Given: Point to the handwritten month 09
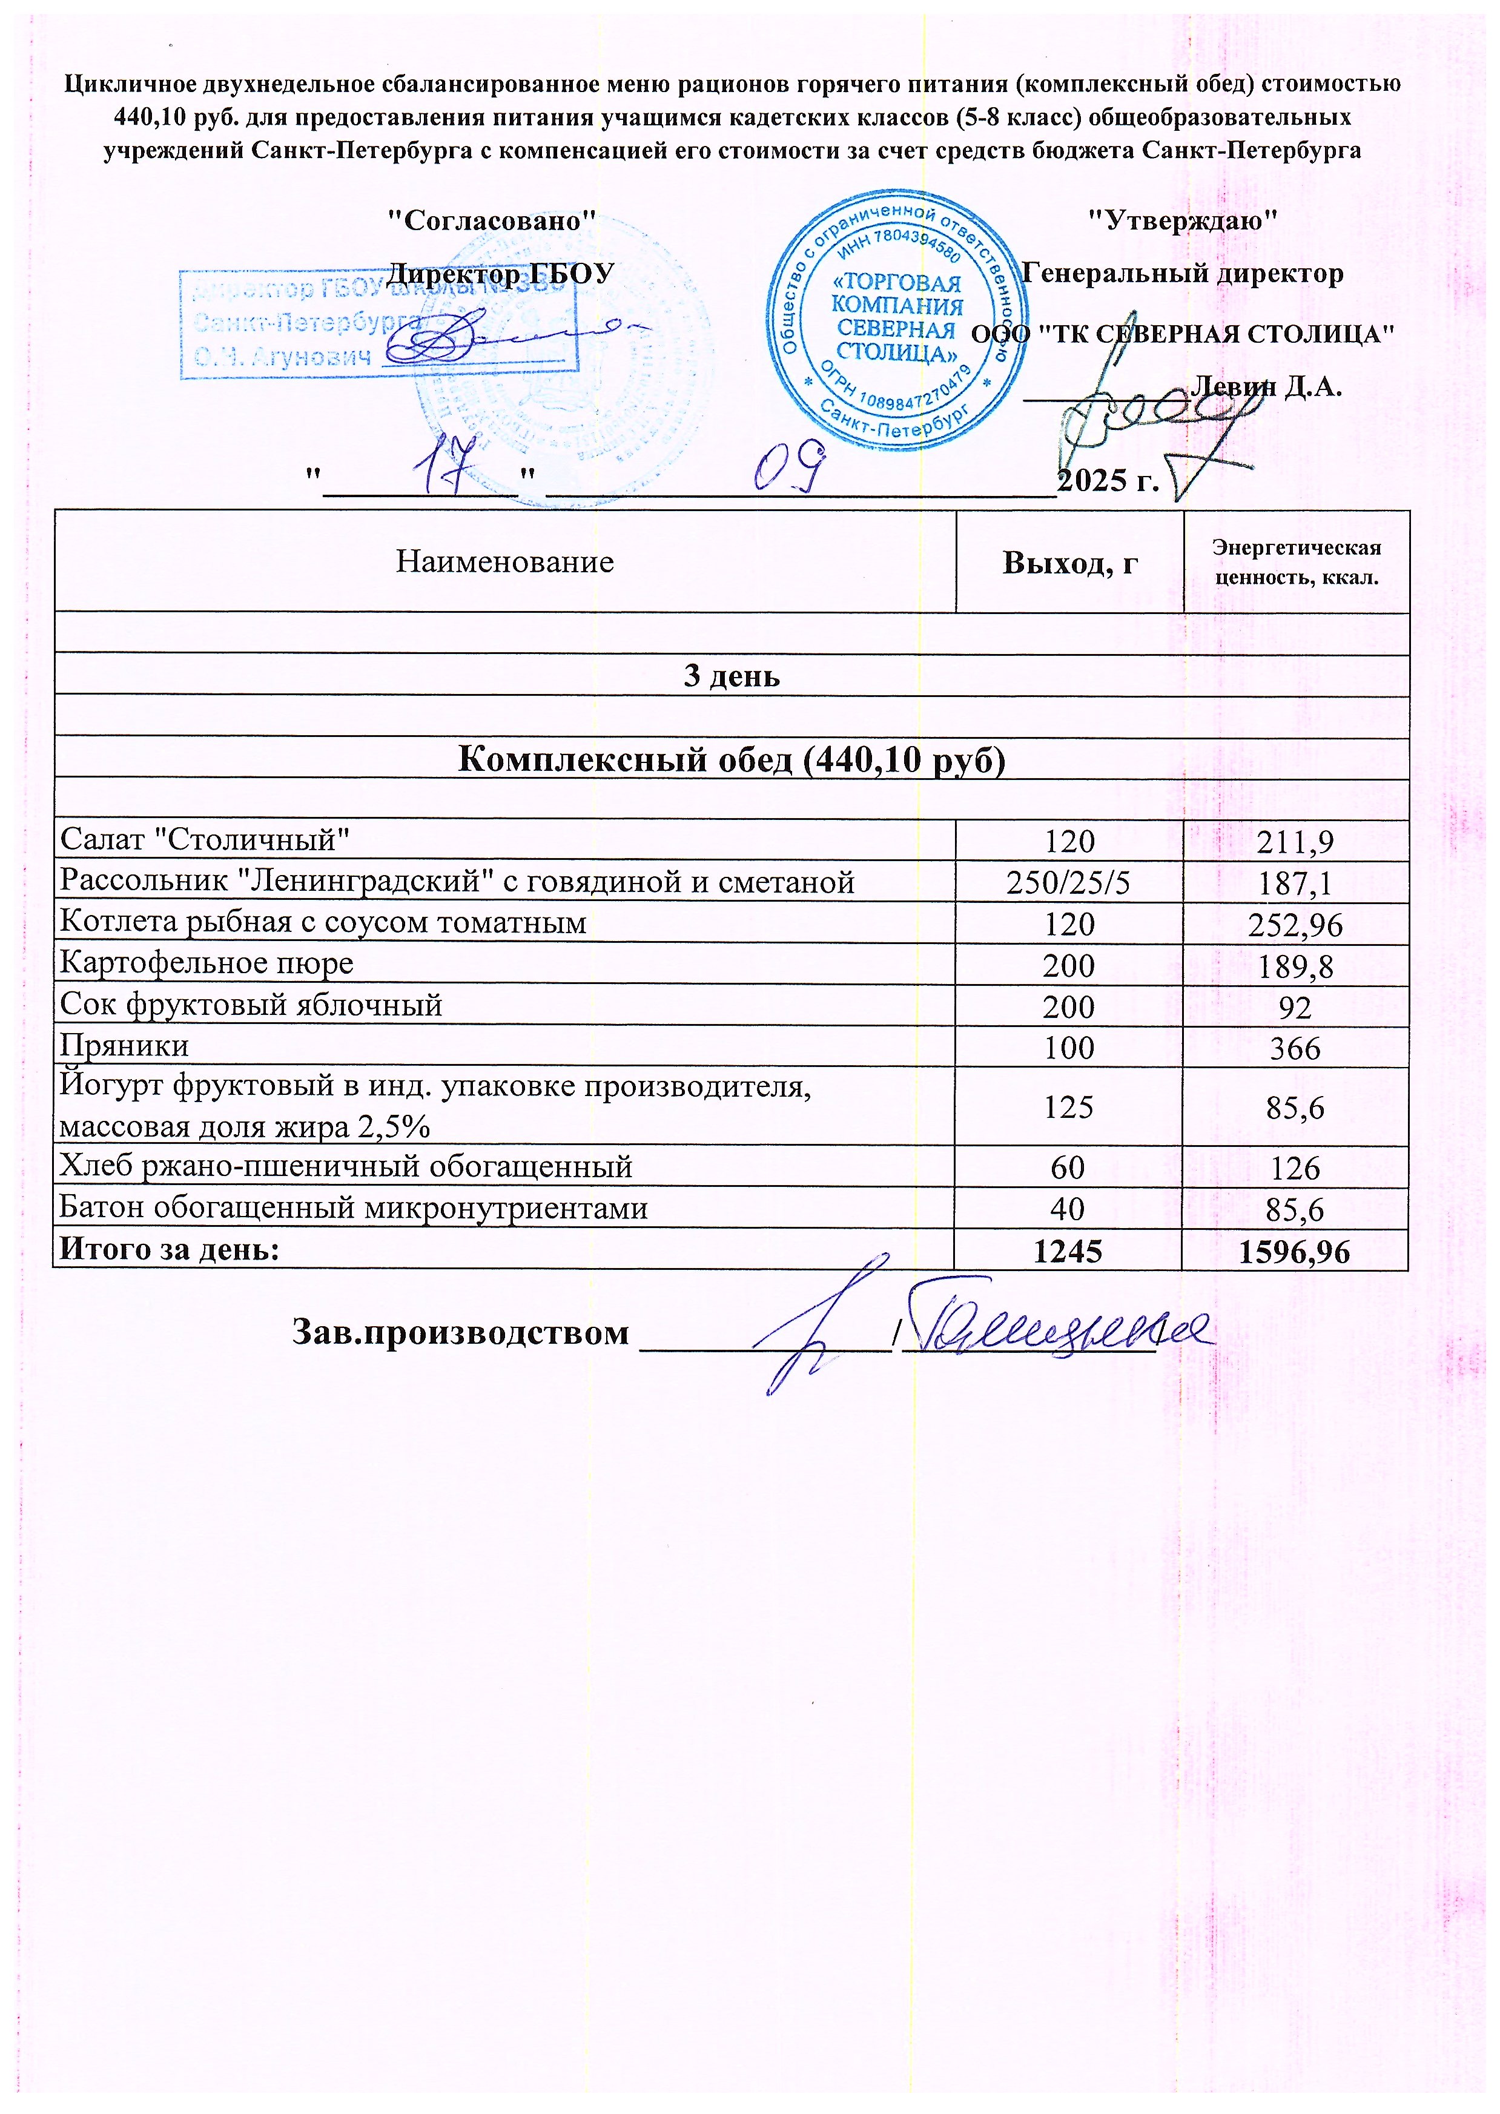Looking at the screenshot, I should pyautogui.click(x=787, y=466).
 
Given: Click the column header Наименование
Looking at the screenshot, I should pyautogui.click(x=504, y=561).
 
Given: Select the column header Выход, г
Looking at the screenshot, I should pyautogui.click(x=1069, y=563).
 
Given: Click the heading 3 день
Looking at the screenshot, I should pyautogui.click(x=732, y=676).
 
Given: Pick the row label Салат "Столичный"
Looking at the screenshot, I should pyautogui.click(x=205, y=839).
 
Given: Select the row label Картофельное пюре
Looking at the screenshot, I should pyautogui.click(x=207, y=963).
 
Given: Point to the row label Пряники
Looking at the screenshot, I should pyautogui.click(x=124, y=1046).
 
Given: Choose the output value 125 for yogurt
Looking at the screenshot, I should pyautogui.click(x=1069, y=1106).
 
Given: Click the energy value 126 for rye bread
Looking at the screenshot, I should pyautogui.click(x=1295, y=1168).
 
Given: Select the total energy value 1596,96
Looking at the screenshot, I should pyautogui.click(x=1294, y=1252).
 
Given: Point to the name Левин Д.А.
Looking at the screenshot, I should pyautogui.click(x=1267, y=386).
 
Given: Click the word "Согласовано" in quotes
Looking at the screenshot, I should pyautogui.click(x=489, y=221).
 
